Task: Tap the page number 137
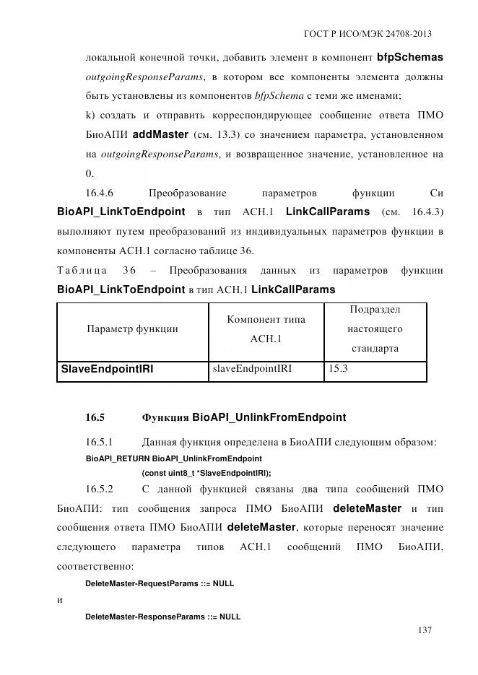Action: (425, 630)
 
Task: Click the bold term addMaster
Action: (161, 134)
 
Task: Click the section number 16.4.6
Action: (100, 193)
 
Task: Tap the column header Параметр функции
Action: (132, 328)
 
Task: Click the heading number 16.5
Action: (95, 417)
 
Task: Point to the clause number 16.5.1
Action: (100, 442)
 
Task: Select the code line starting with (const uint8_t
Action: (207, 474)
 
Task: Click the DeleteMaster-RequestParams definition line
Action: (160, 583)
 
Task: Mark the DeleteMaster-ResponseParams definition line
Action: (162, 617)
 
